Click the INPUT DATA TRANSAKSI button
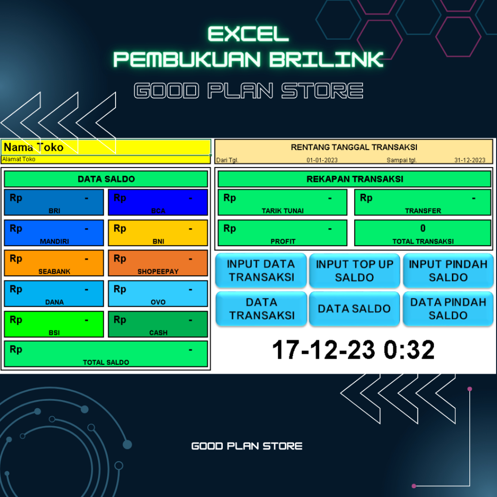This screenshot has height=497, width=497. pyautogui.click(x=261, y=270)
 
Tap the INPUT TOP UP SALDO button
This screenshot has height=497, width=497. pyautogui.click(x=355, y=270)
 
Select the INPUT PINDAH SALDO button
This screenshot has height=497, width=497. pyautogui.click(x=448, y=270)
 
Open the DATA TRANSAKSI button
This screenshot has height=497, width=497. pyautogui.click(x=261, y=309)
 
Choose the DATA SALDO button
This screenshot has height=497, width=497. pyautogui.click(x=355, y=309)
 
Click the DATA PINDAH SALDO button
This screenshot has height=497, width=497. pyautogui.click(x=448, y=309)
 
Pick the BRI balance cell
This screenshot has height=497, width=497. pyautogui.click(x=54, y=202)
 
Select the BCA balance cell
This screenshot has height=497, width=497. pyautogui.click(x=158, y=202)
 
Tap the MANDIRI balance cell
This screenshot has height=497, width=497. pyautogui.click(x=54, y=233)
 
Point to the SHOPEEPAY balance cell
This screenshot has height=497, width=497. pyautogui.click(x=158, y=263)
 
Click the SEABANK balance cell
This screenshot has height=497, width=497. pyautogui.click(x=54, y=263)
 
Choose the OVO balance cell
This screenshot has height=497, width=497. pyautogui.click(x=158, y=294)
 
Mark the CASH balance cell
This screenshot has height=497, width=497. pyautogui.click(x=158, y=324)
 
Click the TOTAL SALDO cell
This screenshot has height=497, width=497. pyautogui.click(x=106, y=354)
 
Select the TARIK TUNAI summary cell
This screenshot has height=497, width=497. pyautogui.click(x=282, y=202)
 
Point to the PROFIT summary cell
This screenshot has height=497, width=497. pyautogui.click(x=282, y=233)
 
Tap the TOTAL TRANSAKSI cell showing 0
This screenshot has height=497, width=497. pyautogui.click(x=423, y=233)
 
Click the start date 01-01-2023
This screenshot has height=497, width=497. pyautogui.click(x=322, y=160)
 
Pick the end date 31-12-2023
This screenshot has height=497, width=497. pyautogui.click(x=469, y=160)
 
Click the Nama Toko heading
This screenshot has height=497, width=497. pyautogui.click(x=34, y=147)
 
